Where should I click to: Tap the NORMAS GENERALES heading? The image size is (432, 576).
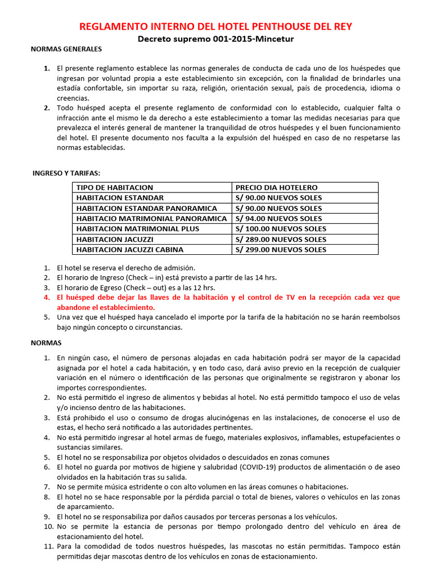(66, 49)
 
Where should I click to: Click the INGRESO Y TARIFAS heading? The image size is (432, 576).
(66, 173)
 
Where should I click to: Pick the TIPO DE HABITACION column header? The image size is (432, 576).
(114, 187)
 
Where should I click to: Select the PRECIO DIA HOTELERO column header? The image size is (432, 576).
(276, 187)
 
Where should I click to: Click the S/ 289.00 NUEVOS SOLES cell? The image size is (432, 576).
(280, 239)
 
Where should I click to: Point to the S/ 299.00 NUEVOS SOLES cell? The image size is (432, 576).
(280, 249)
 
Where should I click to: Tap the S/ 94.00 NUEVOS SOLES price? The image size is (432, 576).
(278, 218)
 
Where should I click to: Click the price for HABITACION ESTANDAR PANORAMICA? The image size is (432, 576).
(278, 208)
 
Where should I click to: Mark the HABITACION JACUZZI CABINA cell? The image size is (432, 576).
(129, 249)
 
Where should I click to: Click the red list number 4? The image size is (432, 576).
(47, 298)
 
